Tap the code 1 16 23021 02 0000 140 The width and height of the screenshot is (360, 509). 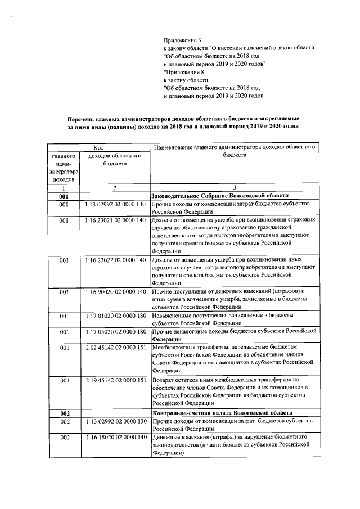tap(115, 220)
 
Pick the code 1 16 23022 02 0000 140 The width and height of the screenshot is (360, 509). tap(115, 260)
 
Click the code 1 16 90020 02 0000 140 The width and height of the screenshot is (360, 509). tap(115, 292)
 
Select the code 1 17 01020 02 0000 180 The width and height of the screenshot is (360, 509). tap(115, 316)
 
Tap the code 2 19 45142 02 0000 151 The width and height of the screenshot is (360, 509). tap(115, 380)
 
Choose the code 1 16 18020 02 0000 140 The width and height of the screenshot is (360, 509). tap(115, 437)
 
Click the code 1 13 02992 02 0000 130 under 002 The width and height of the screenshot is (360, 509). tap(115, 421)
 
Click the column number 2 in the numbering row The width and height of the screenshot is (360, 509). tap(115, 187)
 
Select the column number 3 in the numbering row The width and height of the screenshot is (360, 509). tap(233, 187)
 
